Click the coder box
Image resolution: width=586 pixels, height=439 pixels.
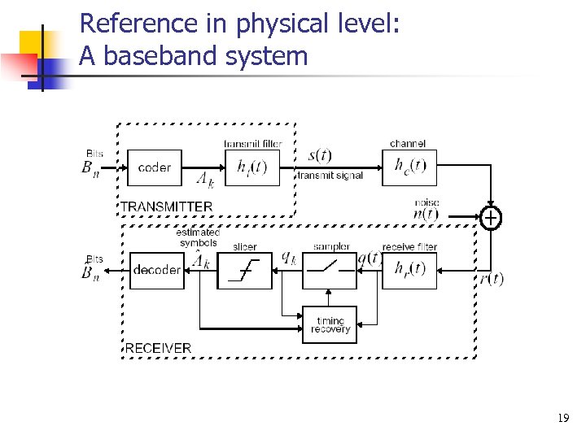(x=154, y=168)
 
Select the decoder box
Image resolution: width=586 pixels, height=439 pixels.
(x=157, y=270)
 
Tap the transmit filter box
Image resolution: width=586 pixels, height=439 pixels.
(x=251, y=168)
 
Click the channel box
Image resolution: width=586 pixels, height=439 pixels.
(x=409, y=168)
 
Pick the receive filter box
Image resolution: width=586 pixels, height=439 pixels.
(x=409, y=270)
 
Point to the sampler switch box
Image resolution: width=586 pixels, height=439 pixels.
(x=330, y=270)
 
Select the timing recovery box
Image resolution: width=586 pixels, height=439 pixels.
(x=330, y=325)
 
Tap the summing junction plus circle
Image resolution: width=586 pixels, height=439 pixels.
(x=491, y=217)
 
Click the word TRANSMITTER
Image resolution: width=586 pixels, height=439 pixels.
(x=167, y=206)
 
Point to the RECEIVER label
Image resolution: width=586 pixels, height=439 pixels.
(x=158, y=348)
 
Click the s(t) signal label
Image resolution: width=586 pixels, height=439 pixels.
(x=320, y=155)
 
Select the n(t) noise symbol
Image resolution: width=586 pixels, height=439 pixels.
(x=426, y=215)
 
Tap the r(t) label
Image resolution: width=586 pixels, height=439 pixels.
(x=491, y=279)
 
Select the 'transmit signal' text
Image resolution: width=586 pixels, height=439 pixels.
(x=330, y=176)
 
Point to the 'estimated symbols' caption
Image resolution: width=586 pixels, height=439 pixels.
(x=197, y=237)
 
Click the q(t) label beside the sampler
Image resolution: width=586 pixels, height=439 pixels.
(x=370, y=259)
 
